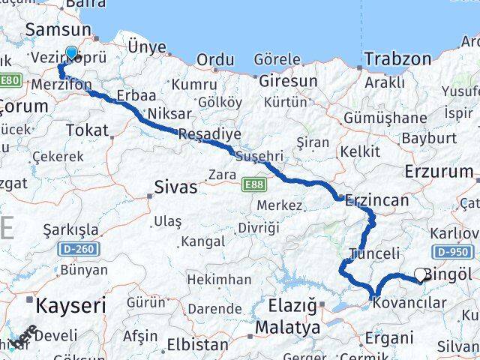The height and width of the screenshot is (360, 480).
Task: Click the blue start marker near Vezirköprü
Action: point(71,52)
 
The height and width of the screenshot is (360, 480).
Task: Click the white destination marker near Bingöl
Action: point(421,275)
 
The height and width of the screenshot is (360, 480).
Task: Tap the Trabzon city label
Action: point(397,58)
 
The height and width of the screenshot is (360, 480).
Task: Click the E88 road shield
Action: point(251,181)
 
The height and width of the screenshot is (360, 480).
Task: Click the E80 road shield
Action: point(10,79)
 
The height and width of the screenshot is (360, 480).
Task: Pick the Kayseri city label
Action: point(71,305)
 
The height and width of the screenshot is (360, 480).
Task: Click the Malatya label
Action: point(288,328)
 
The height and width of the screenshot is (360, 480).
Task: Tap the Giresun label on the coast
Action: point(287,79)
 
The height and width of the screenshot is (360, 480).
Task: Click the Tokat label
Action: point(87,130)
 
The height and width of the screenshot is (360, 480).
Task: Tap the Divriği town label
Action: point(258,227)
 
